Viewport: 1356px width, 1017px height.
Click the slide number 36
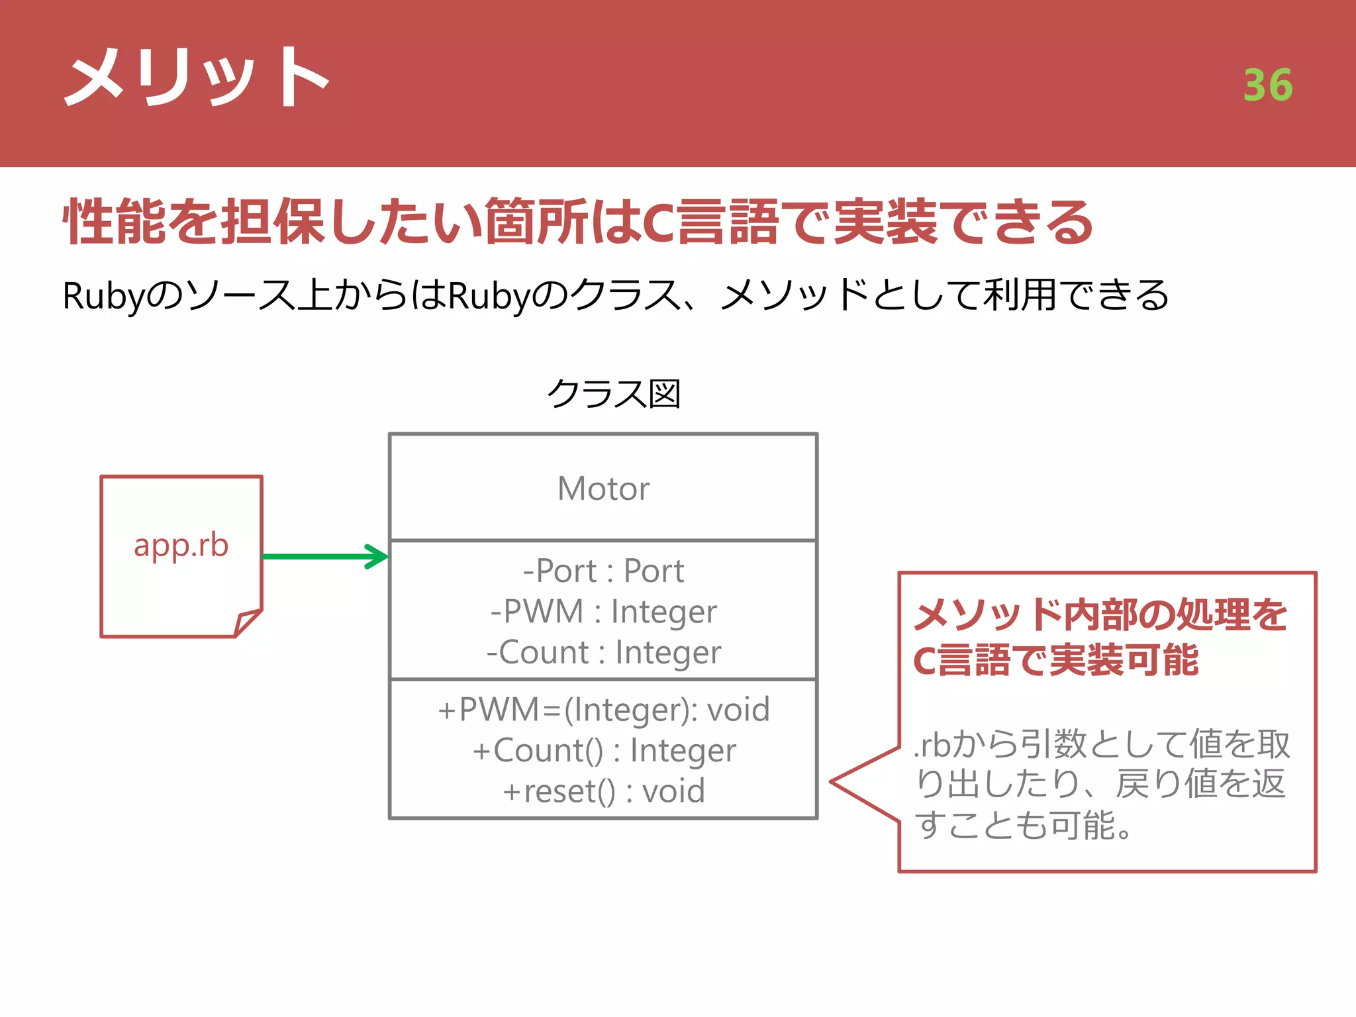click(x=1267, y=85)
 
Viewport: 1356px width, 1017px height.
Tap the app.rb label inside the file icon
click(x=181, y=545)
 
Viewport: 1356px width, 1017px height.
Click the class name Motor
click(x=603, y=489)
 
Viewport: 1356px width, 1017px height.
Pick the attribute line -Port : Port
click(x=603, y=571)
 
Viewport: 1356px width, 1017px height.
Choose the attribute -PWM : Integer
click(x=603, y=612)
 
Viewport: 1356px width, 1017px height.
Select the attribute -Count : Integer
click(x=603, y=653)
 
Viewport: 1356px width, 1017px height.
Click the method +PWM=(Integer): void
click(x=603, y=710)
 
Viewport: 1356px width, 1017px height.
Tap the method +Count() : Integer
click(x=603, y=751)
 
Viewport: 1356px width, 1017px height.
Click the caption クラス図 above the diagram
click(x=614, y=394)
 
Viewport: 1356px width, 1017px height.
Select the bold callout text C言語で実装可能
click(x=1055, y=661)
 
